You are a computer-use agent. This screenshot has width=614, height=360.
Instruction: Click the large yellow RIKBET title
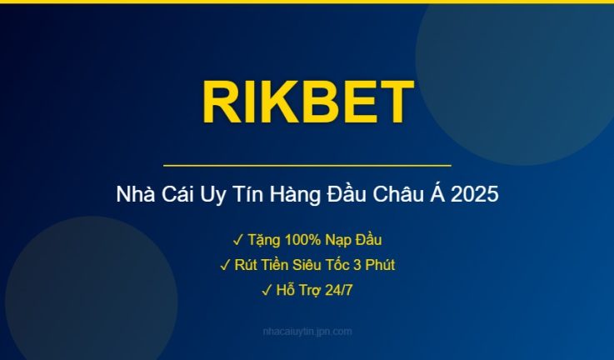click(307, 102)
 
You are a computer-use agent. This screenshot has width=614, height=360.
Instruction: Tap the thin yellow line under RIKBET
click(307, 166)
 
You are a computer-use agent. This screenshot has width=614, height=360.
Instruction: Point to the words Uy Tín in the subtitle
click(220, 196)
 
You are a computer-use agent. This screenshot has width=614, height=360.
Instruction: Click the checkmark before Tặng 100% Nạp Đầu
click(237, 241)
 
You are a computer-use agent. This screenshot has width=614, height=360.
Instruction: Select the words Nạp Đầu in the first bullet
click(353, 241)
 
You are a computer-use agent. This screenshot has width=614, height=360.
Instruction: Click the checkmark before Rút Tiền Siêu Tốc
click(225, 266)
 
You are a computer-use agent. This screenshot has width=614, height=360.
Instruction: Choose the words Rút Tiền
click(260, 266)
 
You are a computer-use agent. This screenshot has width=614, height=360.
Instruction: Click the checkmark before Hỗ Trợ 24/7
click(267, 291)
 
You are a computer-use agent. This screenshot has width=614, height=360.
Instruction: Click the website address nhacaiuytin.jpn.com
click(307, 332)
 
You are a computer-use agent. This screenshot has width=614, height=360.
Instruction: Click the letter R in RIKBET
click(219, 102)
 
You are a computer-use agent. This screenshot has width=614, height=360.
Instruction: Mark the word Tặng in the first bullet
click(263, 241)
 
